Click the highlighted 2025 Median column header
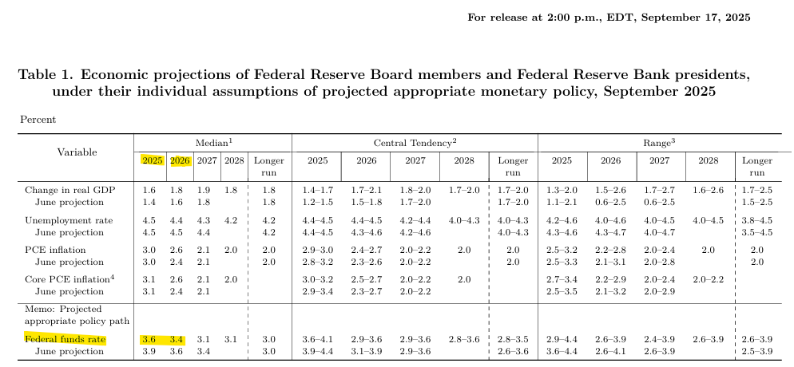[x=153, y=160]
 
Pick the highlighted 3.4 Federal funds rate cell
[x=179, y=340]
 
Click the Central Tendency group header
[x=415, y=141]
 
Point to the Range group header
[x=660, y=141]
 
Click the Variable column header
[x=77, y=152]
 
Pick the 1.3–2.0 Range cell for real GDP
[x=562, y=189]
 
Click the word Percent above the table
[x=38, y=119]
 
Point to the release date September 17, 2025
[x=698, y=18]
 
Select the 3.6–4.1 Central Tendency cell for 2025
[x=317, y=340]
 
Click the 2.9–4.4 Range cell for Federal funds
[x=562, y=340]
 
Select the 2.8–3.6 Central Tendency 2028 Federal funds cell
[x=463, y=340]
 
